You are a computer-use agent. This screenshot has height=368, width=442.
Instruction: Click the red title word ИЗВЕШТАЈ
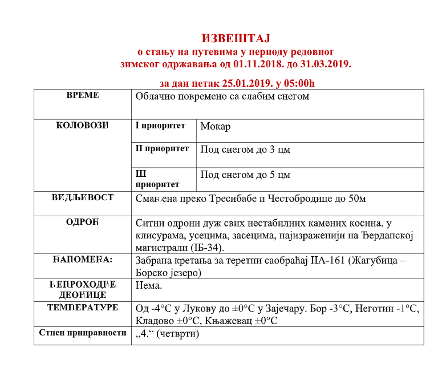236,38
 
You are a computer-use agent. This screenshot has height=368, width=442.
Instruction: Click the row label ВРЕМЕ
83,95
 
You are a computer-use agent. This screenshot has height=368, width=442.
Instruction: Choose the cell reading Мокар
216,126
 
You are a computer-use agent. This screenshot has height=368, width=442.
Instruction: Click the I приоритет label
160,126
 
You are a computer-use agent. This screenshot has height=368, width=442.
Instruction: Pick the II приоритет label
162,148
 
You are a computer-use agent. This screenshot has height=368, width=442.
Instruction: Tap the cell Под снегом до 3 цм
245,149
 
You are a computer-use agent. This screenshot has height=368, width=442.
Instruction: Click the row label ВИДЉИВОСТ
83,197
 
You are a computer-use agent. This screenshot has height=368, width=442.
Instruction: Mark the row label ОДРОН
83,222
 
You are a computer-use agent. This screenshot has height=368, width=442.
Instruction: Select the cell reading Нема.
149,285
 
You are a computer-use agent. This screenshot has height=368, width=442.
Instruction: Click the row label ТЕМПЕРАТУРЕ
83,308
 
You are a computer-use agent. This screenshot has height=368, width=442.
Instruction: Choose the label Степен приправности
83,332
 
